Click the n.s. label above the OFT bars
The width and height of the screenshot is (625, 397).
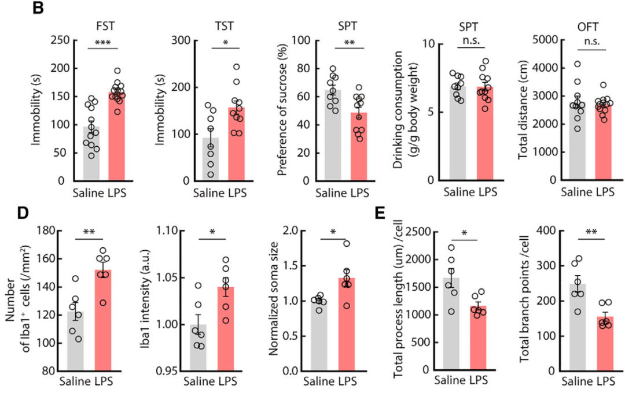click(587, 42)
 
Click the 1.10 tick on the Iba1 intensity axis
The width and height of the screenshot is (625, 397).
click(168, 231)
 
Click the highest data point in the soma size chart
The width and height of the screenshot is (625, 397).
click(346, 243)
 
